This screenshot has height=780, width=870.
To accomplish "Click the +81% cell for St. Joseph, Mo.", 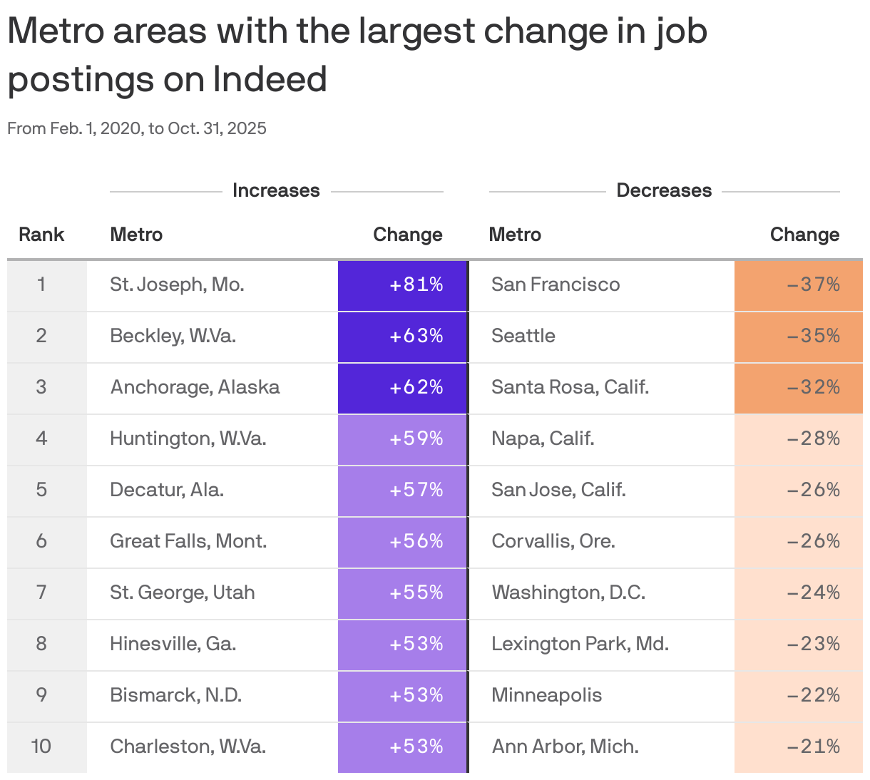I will click(x=416, y=284).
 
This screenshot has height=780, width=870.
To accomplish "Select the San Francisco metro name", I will click(x=556, y=284).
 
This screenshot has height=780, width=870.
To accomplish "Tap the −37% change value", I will click(x=813, y=284).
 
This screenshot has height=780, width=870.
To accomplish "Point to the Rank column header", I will click(x=41, y=235).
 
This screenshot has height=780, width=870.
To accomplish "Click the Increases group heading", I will click(x=276, y=190).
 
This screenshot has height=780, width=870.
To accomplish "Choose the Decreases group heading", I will click(x=663, y=190).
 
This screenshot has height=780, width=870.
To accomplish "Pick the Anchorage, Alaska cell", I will click(x=195, y=387).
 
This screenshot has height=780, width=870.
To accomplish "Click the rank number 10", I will click(x=41, y=746).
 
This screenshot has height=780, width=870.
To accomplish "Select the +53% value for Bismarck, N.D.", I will click(x=416, y=695).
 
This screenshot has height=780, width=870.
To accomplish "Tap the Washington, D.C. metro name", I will click(x=568, y=592).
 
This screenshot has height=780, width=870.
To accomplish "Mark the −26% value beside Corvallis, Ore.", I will click(x=813, y=541).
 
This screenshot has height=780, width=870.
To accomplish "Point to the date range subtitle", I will click(x=137, y=128).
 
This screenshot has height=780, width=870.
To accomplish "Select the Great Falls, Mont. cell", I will click(x=188, y=541).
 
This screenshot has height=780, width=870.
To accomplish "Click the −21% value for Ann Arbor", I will click(x=813, y=746).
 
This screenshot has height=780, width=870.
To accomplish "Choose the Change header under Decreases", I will click(x=804, y=235).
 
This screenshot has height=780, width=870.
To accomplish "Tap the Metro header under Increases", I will click(x=136, y=235).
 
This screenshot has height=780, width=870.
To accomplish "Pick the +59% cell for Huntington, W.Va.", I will click(x=416, y=438).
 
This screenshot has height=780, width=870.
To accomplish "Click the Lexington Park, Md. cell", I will click(x=580, y=644).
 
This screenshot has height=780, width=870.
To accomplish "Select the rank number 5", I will click(x=41, y=490).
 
